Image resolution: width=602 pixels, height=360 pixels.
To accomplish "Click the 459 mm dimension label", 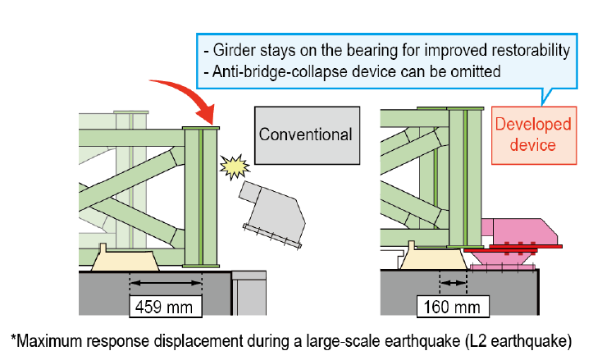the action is [166, 306].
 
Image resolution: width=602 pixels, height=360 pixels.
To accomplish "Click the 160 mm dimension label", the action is [453, 306].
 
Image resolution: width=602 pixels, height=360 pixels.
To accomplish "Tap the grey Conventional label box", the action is [307, 135].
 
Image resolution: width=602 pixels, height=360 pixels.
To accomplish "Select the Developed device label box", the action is [534, 135].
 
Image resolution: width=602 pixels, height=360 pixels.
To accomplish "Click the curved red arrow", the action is [188, 93].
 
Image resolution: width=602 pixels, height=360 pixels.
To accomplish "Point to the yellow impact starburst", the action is [235, 167].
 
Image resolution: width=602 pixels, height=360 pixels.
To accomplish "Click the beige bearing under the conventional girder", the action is [125, 260].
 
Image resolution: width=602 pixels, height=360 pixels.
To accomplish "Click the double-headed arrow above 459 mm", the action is [166, 283].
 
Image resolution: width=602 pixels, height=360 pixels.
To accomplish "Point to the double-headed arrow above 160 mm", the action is [453, 283].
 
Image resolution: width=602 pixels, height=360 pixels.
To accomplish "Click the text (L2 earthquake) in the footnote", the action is [518, 341].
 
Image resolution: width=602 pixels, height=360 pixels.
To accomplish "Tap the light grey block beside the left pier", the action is [249, 293].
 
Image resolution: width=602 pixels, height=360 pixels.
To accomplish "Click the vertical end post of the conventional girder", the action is [201, 197].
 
